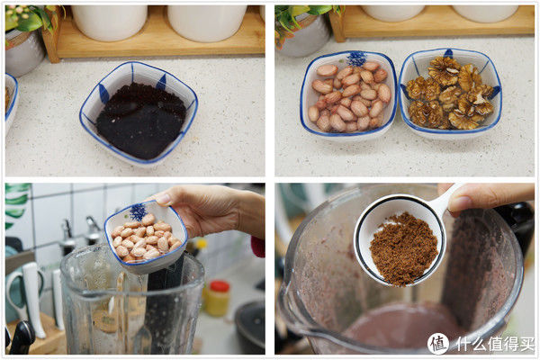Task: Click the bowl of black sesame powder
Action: tap(139, 113)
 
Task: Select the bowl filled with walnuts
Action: tap(450, 93)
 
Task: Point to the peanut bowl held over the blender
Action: tap(146, 238)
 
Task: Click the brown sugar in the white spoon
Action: tap(403, 248)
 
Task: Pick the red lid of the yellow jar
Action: tap(220, 286)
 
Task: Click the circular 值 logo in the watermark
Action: tap(438, 344)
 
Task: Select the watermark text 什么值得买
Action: tap(495, 344)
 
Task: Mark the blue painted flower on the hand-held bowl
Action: tap(138, 211)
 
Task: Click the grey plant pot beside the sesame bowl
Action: tap(23, 51)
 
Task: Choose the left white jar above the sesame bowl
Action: tap(110, 22)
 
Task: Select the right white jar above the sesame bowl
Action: tap(207, 22)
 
